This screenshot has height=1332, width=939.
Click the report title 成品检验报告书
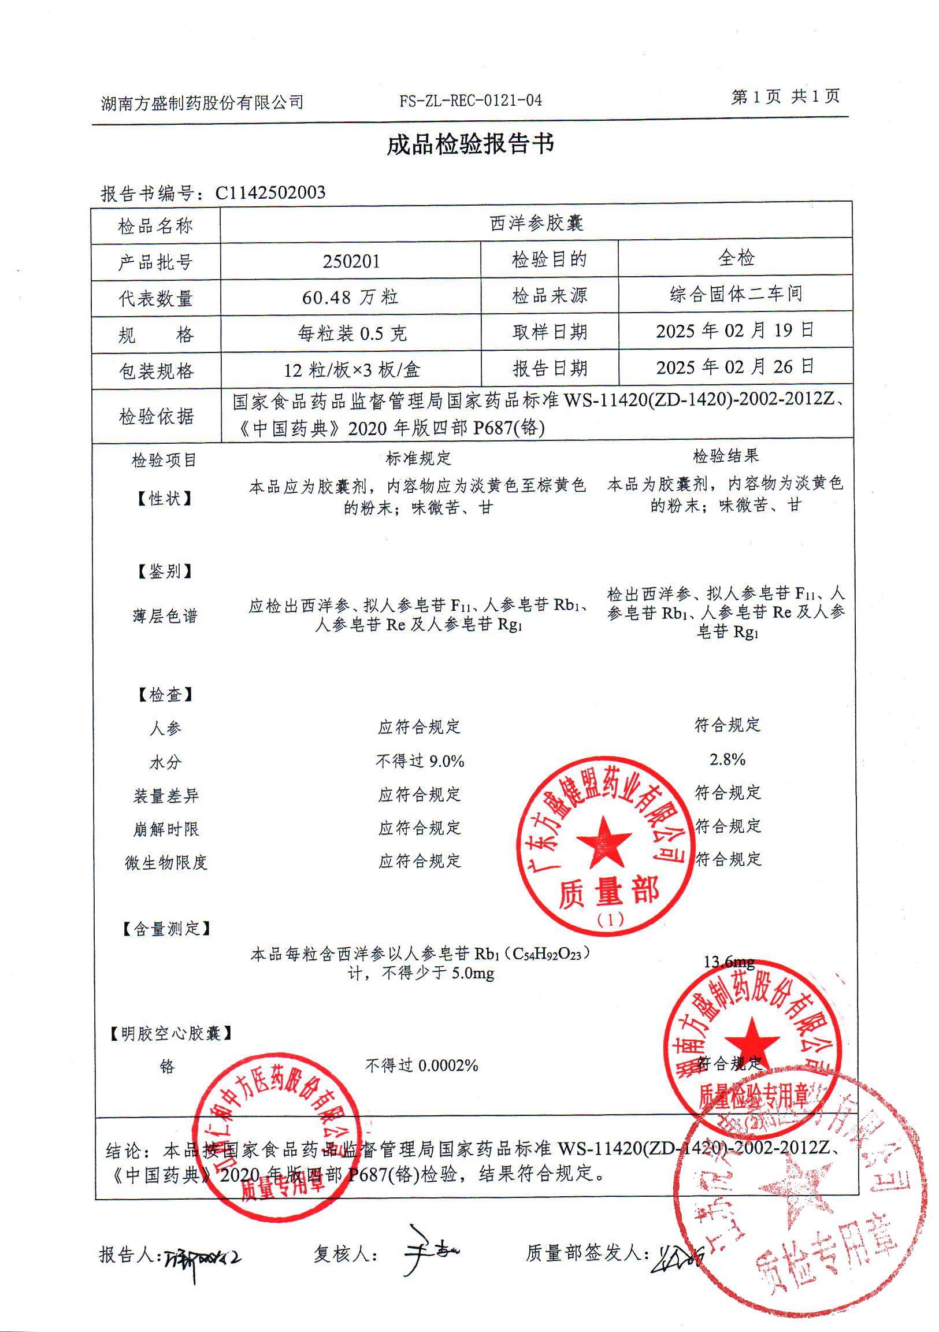point(470,144)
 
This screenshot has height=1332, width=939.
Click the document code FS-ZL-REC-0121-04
point(470,101)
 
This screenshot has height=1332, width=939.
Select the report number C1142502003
point(270,192)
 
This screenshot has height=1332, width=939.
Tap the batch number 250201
point(351,261)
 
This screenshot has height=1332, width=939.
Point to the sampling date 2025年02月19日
point(735,331)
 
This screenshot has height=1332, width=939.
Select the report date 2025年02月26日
point(735,366)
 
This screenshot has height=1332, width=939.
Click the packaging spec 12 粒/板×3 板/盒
point(351,369)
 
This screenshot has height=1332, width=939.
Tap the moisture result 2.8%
point(728,759)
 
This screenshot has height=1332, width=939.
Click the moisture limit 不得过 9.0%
point(420,761)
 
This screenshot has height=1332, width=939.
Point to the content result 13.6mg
point(729,962)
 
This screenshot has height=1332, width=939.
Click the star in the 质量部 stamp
point(603,841)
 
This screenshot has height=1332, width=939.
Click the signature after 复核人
point(429,1252)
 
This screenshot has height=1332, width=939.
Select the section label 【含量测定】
point(165,929)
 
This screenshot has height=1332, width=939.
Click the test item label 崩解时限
point(166,829)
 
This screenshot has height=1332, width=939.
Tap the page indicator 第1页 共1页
point(785,97)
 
